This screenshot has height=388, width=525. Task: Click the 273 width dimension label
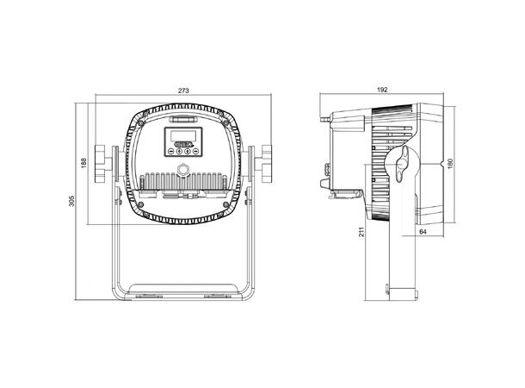pos(183,91)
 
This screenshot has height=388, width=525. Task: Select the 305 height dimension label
pos(71,201)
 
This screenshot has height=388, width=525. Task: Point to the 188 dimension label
pos(83,163)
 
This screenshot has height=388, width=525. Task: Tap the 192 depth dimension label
pos(382,90)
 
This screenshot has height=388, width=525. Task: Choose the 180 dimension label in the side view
pos(450,163)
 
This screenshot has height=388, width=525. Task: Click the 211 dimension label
pos(361,232)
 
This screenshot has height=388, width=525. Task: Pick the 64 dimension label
pos(423,232)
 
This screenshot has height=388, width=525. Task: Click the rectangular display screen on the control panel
pos(183,136)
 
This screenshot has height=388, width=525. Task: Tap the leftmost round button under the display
pos(170,151)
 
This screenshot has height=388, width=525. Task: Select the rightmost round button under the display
pos(196,151)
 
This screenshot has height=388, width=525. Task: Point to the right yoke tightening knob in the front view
pos(267,164)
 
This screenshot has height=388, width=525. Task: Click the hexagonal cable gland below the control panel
pos(183,169)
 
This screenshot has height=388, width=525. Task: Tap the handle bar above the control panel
pos(183,119)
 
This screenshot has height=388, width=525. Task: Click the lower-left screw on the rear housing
pos(141,204)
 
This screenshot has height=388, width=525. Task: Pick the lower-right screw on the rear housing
pos(225,204)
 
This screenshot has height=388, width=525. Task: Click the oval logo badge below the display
pos(183,144)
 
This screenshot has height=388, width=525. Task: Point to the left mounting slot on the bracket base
pos(149,296)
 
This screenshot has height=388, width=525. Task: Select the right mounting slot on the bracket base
pos(218,296)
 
